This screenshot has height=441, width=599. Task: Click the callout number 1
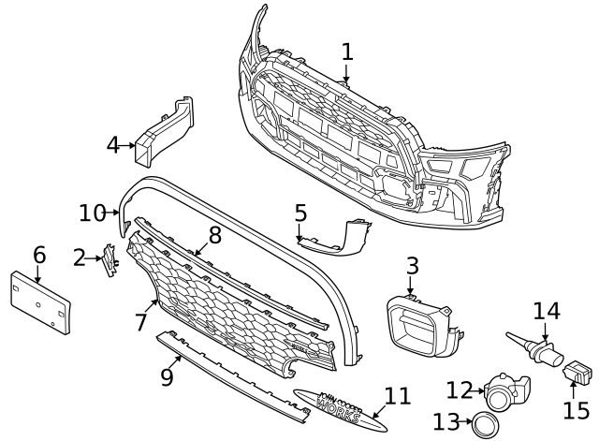(x=347, y=52)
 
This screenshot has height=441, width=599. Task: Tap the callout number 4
(x=113, y=145)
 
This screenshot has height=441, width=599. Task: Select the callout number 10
(x=92, y=213)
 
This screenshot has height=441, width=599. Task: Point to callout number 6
(x=38, y=255)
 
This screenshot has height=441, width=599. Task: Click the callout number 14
(x=546, y=311)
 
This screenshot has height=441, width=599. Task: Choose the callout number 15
(x=577, y=409)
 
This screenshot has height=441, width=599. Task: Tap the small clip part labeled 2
(x=109, y=260)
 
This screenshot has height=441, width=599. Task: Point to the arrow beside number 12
(x=479, y=388)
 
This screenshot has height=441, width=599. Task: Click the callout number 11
(x=398, y=395)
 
